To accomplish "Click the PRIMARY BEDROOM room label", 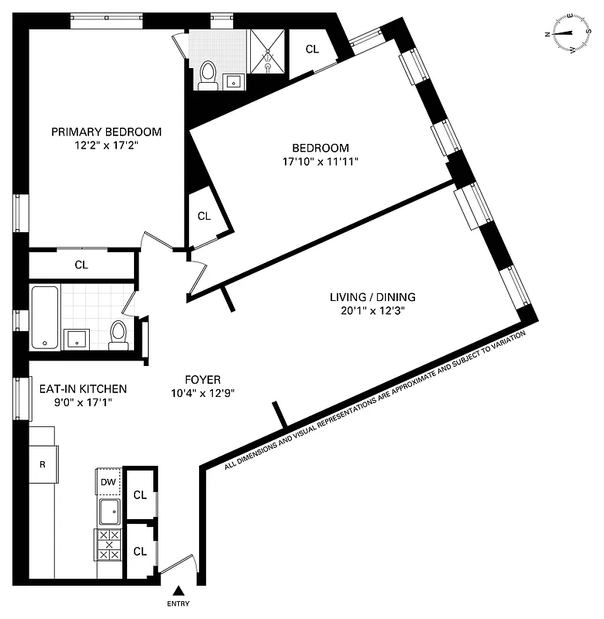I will (106, 131).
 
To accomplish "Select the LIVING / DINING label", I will (372, 296).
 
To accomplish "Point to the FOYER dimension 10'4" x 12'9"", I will (203, 393).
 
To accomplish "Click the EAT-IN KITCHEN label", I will (82, 388).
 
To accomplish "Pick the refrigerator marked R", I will (43, 465).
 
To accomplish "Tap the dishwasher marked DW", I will (108, 482).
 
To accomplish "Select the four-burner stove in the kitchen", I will (108, 544).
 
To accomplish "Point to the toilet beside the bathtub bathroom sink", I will (118, 334).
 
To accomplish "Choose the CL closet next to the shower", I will (311, 49).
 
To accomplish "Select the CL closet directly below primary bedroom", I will (81, 265).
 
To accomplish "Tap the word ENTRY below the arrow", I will (177, 604).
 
